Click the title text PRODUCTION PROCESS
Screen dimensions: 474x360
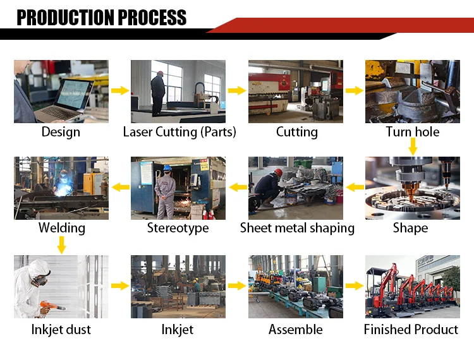point(102,18)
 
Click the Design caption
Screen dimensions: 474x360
point(61,132)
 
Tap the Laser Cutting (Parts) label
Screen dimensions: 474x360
point(179,132)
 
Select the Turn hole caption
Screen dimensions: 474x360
point(412,132)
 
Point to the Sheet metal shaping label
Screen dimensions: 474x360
point(296,228)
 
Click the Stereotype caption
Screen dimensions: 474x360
point(178,228)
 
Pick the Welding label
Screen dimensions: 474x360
point(61,228)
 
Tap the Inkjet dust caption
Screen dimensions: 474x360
point(61,329)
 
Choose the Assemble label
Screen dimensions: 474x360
point(295,329)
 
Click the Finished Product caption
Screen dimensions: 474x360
point(411,329)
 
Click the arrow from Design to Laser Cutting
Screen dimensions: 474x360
point(119,91)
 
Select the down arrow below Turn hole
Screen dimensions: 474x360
point(413,147)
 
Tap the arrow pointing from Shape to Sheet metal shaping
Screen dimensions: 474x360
point(355,187)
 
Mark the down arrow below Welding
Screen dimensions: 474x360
point(61,244)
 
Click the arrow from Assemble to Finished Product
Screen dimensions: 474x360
point(355,286)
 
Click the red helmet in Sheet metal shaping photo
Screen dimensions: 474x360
point(278,172)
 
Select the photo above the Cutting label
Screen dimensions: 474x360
point(295,91)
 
